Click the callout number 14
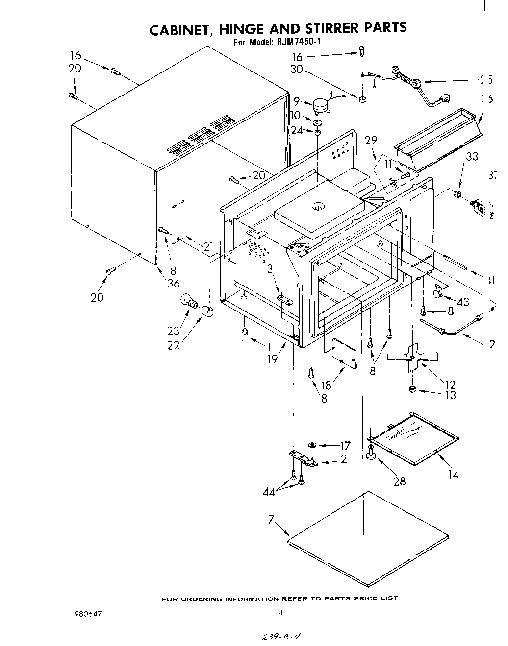[453, 474]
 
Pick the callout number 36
[173, 283]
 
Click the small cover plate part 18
[344, 352]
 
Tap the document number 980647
[88, 613]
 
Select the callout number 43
[462, 302]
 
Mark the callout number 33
[472, 157]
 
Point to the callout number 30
[297, 70]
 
